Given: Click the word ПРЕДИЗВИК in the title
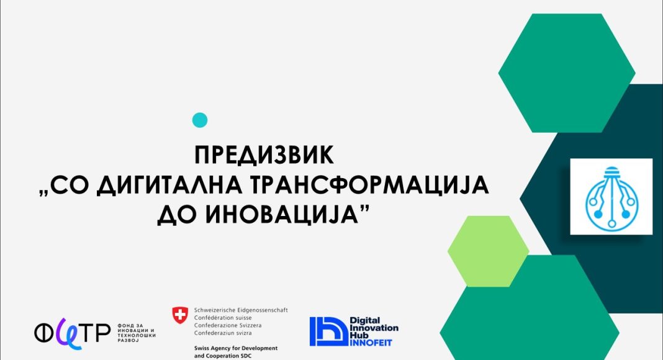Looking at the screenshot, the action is click(264, 155).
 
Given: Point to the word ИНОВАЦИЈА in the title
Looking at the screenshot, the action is click(280, 215).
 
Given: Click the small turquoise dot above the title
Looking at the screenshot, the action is click(199, 120).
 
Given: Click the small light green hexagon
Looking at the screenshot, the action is click(489, 251).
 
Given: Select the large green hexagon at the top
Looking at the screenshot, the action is click(567, 73).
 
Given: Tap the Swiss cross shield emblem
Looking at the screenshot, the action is click(180, 315).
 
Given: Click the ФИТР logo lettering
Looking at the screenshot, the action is click(72, 333).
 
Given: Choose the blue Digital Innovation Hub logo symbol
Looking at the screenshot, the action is click(328, 331).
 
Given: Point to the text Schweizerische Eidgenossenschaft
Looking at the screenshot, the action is click(241, 310).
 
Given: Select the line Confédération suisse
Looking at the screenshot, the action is click(223, 318).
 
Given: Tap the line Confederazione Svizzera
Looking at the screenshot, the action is click(228, 325).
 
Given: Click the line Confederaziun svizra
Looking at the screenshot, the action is click(223, 333).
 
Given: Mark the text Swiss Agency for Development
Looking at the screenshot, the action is click(236, 348).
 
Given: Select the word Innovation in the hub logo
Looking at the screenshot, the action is click(374, 328).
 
